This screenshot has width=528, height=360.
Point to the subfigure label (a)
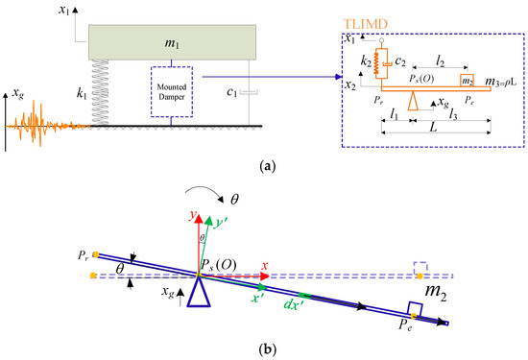[265, 165]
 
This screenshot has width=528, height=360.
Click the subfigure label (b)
[265, 350]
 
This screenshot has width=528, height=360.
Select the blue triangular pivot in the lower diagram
[200, 294]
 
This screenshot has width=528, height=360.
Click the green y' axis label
[223, 221]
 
